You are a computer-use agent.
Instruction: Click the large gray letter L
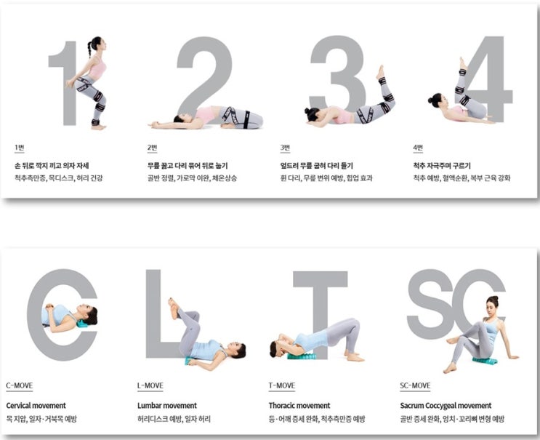(x=153, y=313)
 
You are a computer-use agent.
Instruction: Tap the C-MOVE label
(x=19, y=385)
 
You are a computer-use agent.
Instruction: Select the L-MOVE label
(x=150, y=385)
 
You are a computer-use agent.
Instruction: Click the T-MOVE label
(x=282, y=385)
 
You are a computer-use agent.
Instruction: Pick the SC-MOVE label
(x=416, y=385)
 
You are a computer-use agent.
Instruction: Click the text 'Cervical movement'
(x=36, y=405)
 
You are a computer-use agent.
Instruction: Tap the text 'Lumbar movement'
(x=167, y=405)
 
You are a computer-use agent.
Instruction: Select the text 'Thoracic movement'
(x=300, y=405)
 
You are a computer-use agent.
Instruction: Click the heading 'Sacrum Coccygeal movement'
(x=446, y=405)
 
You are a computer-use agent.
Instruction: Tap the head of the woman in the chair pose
(x=95, y=45)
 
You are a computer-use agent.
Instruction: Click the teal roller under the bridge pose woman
(x=302, y=356)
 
